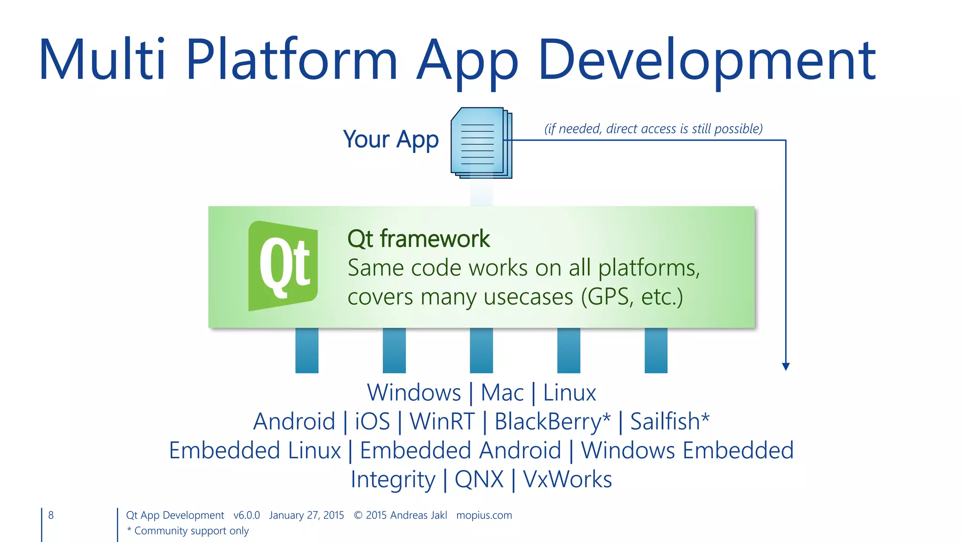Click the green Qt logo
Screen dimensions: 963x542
(x=283, y=266)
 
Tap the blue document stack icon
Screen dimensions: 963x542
(x=481, y=143)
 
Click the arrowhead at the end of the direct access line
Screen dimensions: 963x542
(x=786, y=367)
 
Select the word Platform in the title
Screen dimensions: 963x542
(x=292, y=60)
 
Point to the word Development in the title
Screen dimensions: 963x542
(x=707, y=60)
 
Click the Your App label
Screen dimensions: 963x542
(x=391, y=140)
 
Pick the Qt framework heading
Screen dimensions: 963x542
(x=418, y=239)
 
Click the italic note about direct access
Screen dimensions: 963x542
(x=653, y=128)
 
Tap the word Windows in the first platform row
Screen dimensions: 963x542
(x=414, y=392)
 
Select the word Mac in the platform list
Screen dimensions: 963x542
(x=502, y=392)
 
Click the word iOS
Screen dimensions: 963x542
(x=372, y=421)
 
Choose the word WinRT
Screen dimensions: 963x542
(x=442, y=421)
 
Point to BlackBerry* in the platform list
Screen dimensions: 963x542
(x=553, y=421)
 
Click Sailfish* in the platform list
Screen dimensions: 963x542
(x=670, y=421)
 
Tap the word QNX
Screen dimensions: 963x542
(x=479, y=479)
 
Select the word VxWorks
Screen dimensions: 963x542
(x=567, y=479)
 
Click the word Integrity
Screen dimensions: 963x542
(x=393, y=479)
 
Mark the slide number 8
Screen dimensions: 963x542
(x=51, y=515)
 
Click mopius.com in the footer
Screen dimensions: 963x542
(x=484, y=515)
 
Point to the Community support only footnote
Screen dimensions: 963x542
(x=188, y=531)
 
